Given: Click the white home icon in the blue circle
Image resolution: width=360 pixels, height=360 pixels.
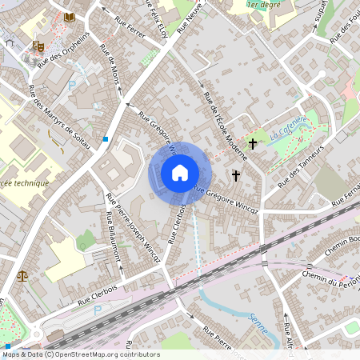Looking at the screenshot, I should pos(180,173).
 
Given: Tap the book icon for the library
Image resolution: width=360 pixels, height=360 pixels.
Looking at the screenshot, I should pos(70,17).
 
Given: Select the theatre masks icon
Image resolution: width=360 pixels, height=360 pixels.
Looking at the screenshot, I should pos(38,47).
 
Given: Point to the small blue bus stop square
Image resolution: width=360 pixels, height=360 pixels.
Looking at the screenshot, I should pos(106,138).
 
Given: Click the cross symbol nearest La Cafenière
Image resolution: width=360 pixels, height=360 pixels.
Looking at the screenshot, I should pos(254,144).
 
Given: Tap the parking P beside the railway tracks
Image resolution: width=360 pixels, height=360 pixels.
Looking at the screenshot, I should pos(98,310).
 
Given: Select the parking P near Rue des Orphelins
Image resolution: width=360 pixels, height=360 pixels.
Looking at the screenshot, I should pos(72,84).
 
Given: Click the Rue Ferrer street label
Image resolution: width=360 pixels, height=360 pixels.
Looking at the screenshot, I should pos(130,30).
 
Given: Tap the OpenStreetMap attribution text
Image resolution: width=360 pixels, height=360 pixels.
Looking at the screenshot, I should pos(81,354).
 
